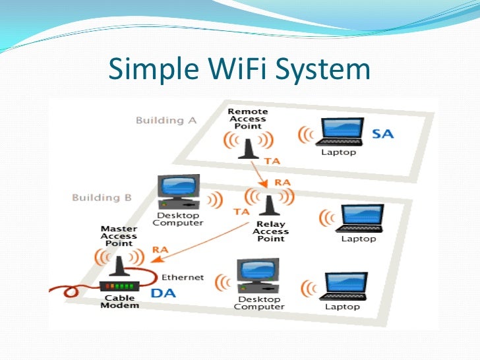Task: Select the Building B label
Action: [102, 197]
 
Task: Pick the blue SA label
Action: [383, 134]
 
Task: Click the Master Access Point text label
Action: [119, 235]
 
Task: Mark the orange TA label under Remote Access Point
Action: [272, 160]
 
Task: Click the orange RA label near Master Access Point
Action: [160, 249]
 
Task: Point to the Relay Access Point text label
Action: [270, 231]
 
